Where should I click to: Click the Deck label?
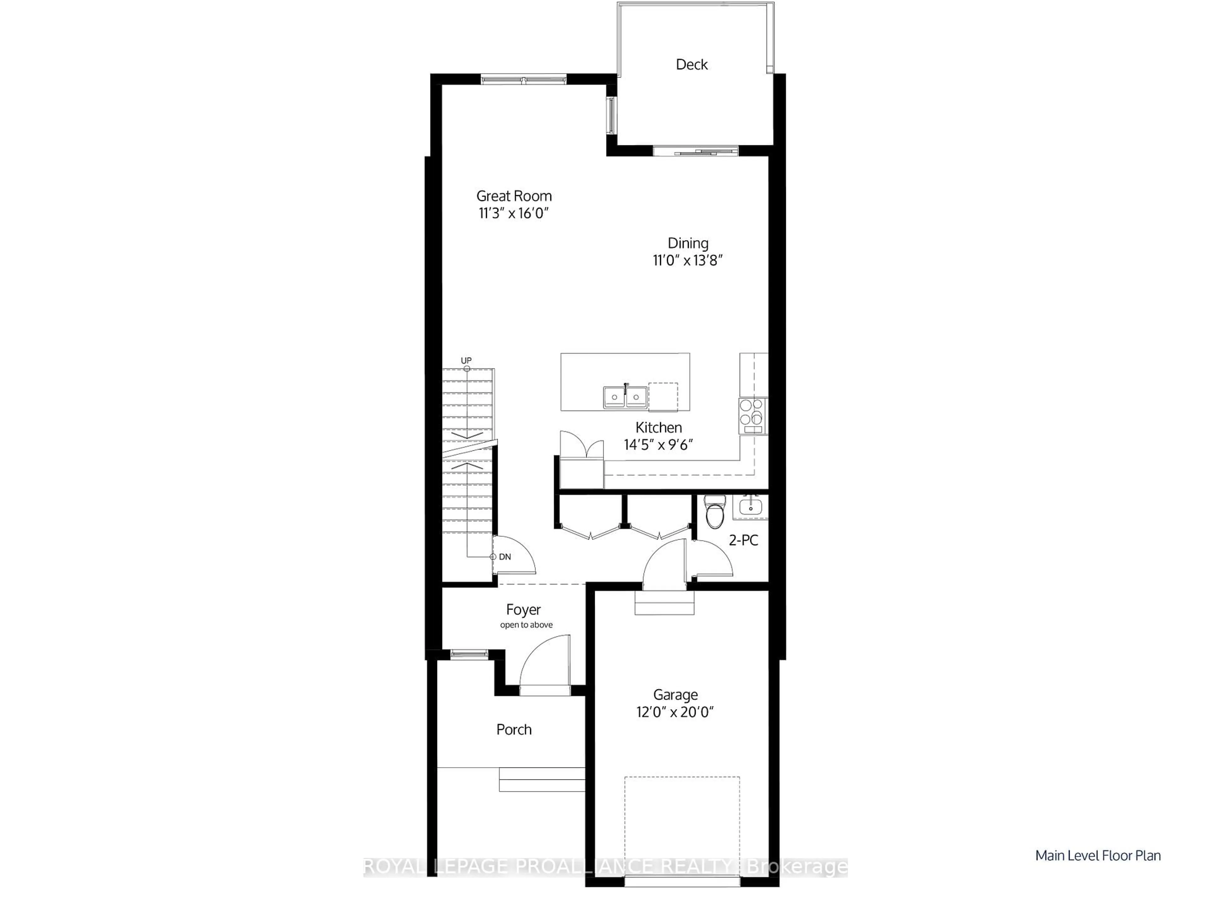692,65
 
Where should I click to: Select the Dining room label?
687,243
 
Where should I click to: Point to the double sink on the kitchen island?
625,397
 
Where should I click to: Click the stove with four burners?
753,412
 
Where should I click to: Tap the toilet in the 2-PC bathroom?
714,512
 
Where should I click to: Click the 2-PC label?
743,541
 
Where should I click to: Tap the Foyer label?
523,610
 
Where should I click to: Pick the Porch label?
513,729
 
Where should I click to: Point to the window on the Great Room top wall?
524,80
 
